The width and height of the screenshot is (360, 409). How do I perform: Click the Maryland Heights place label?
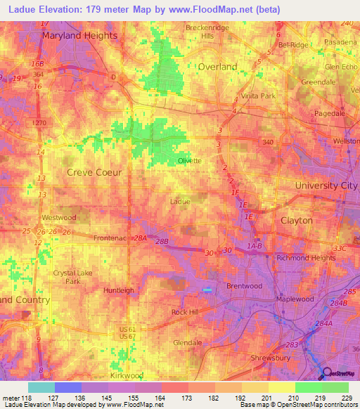coord(79,34)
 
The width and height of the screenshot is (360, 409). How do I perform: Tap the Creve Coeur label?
coord(94,171)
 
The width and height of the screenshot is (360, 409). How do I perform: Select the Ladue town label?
coord(181,202)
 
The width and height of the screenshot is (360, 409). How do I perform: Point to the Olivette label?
coord(188,160)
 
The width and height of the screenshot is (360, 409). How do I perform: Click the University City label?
coord(326,185)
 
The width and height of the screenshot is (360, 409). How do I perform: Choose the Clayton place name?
coord(296,220)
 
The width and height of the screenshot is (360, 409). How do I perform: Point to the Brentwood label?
coord(244,286)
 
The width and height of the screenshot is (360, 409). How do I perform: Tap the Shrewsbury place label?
coord(271,358)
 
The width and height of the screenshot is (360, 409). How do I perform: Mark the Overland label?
coord(217,67)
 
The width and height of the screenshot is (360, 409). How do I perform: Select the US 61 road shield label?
coord(127,330)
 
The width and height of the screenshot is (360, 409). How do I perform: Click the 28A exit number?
coord(141,238)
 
